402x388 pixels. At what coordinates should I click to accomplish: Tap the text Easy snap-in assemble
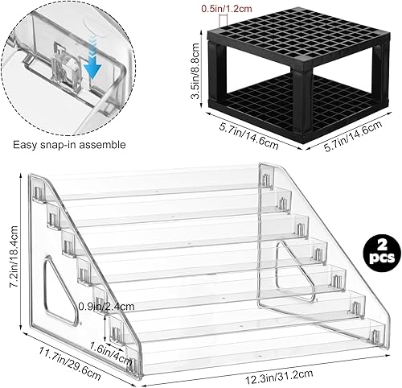(x=71, y=146)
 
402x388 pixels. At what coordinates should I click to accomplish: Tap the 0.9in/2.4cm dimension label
(x=105, y=284)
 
